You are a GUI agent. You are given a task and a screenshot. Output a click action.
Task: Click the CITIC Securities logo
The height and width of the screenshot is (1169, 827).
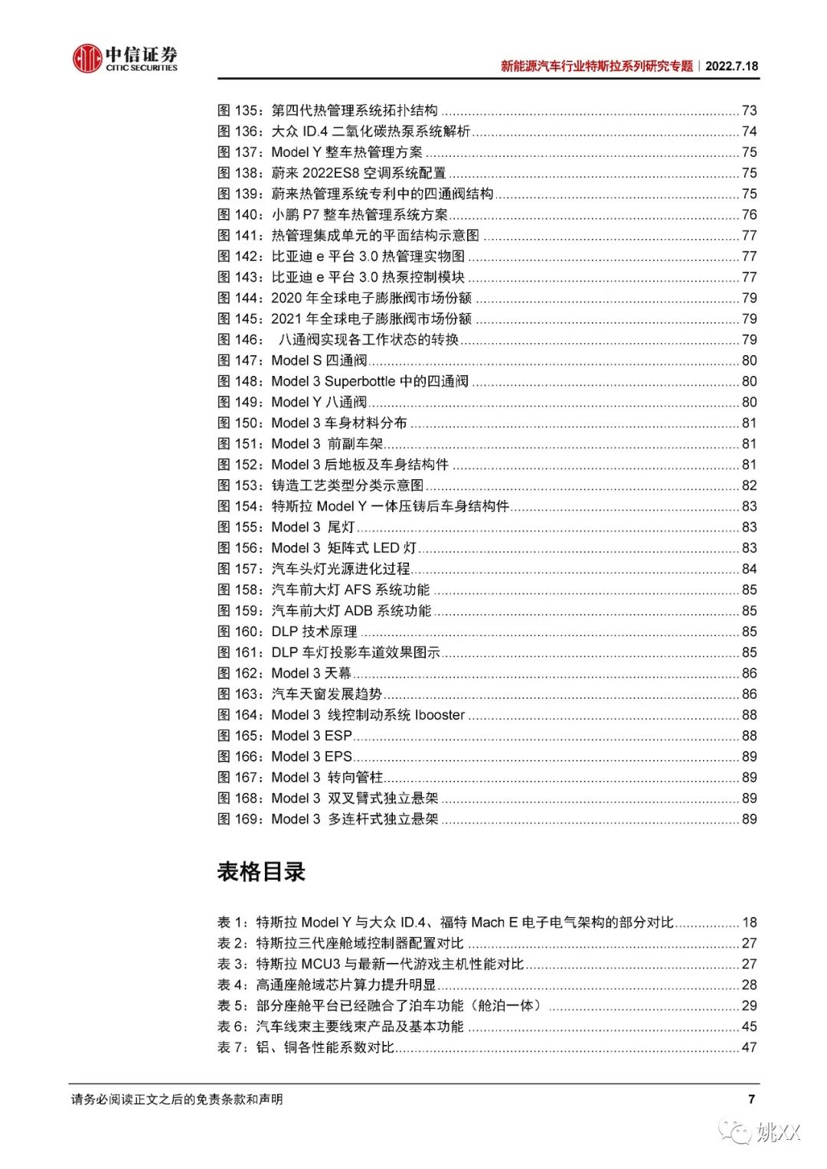click(125, 58)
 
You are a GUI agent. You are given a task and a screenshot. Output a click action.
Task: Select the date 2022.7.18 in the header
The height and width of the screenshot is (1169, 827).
click(731, 66)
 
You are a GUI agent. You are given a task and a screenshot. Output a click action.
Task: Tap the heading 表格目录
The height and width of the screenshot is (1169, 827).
click(261, 871)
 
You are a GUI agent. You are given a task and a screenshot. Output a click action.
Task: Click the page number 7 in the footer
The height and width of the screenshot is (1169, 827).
click(751, 1099)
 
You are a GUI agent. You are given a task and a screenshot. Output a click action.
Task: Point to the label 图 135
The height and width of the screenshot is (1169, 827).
click(238, 110)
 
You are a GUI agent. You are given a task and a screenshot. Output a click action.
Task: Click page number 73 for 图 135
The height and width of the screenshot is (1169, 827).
click(749, 110)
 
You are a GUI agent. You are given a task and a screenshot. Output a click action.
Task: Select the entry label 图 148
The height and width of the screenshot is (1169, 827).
click(238, 381)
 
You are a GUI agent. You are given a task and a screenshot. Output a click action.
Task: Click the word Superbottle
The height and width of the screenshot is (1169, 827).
click(359, 381)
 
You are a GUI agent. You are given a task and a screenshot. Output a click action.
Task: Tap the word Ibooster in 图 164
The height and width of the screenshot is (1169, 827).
click(430, 715)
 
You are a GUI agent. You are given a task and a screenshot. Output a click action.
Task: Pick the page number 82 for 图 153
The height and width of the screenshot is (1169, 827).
click(749, 485)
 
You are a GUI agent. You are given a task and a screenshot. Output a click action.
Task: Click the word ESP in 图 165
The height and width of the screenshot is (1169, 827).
click(338, 736)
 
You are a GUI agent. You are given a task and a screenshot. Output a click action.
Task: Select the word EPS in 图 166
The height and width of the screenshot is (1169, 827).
click(338, 756)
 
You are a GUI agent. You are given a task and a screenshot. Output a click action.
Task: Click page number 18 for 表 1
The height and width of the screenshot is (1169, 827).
click(749, 922)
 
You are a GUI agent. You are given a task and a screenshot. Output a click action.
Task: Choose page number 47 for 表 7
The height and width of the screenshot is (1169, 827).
click(749, 1047)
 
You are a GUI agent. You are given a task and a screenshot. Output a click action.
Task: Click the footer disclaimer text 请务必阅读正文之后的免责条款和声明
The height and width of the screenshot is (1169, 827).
click(177, 1099)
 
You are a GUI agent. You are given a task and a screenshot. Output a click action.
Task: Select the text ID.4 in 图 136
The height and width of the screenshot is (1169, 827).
click(315, 132)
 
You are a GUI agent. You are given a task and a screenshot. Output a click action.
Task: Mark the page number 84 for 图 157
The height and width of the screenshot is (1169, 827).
click(749, 569)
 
